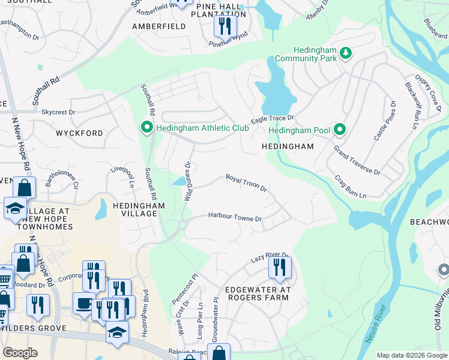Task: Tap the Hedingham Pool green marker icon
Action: point(340,130)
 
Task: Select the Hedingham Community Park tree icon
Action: point(346,53)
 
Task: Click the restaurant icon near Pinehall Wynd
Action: point(225,25)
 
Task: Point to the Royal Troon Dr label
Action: point(246,182)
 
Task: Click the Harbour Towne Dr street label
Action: point(235,217)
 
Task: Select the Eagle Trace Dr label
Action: point(273,119)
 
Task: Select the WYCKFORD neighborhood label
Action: point(79,133)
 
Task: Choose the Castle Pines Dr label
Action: point(385,121)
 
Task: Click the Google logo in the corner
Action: point(20,353)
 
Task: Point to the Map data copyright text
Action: point(412,355)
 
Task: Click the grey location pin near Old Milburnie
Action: point(444,269)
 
